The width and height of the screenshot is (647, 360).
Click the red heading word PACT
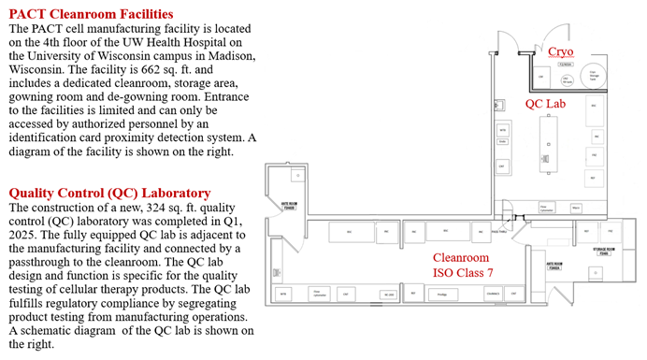(30, 14)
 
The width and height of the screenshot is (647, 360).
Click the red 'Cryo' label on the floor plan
(560, 50)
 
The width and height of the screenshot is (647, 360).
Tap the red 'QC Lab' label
(546, 102)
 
